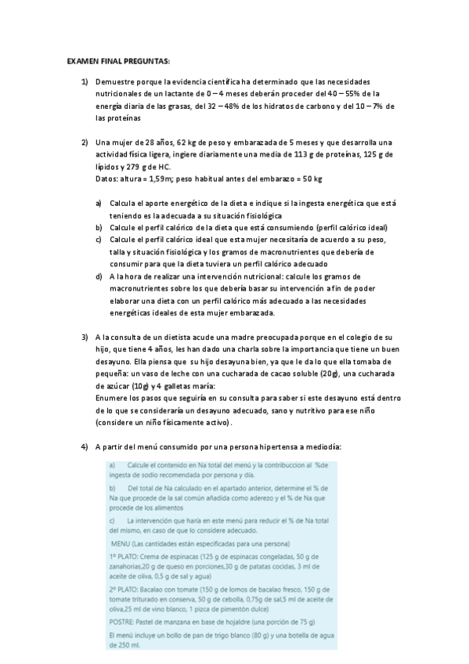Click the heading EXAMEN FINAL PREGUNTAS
(x=117, y=60)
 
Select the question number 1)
(x=85, y=82)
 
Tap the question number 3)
(x=85, y=337)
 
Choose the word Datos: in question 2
(x=107, y=179)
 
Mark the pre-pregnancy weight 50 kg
(x=311, y=179)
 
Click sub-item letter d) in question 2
(x=99, y=276)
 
